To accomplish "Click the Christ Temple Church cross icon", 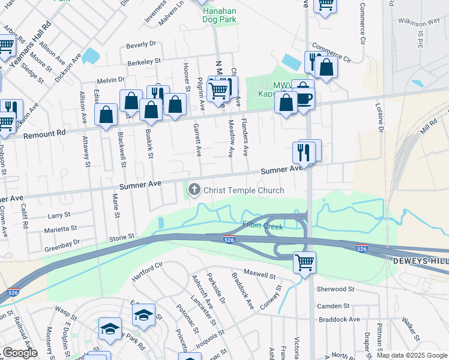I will [194, 190].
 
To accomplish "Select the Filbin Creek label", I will [262, 225].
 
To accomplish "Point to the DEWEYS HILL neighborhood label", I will [420, 262].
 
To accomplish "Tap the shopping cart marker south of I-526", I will [304, 262].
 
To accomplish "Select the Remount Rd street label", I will [43, 134].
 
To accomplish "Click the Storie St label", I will [121, 238].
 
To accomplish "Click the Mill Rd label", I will [429, 127].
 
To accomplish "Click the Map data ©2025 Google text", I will [412, 355].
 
